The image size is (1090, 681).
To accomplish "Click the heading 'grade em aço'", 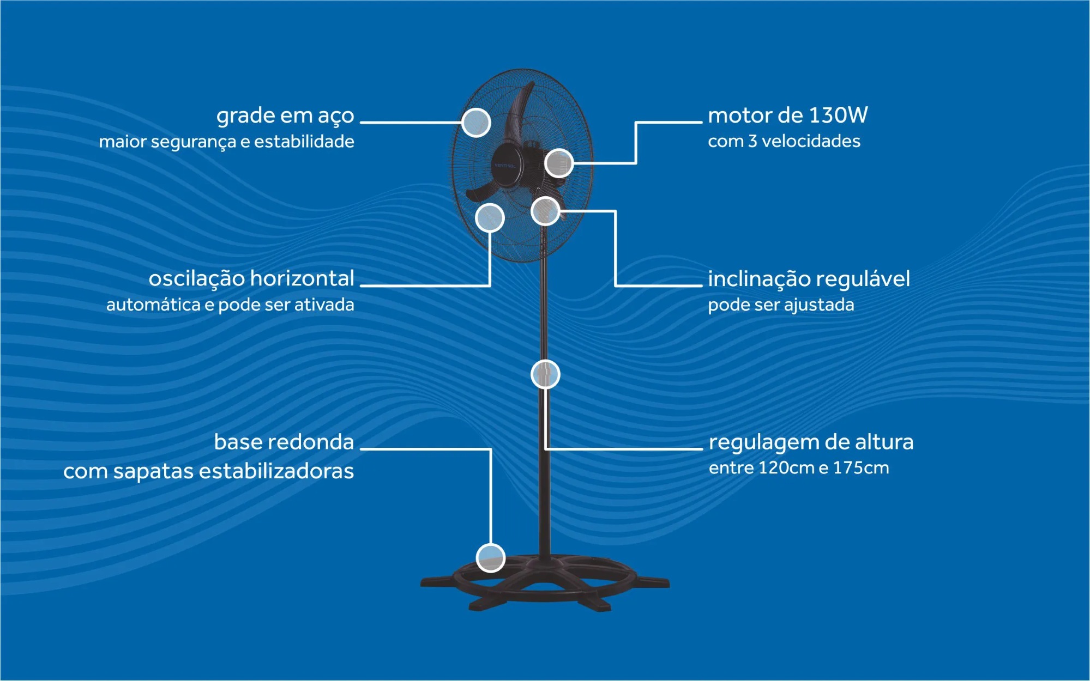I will pos(285,116).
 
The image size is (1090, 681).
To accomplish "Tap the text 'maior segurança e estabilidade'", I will pos(226,142).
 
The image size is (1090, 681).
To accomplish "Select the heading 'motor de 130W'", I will pos(787,115).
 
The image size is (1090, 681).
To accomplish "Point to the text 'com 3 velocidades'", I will pos(784,141).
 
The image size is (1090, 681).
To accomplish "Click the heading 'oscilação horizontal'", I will pos(251,278).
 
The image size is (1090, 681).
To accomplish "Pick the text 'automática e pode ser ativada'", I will pos(230,305).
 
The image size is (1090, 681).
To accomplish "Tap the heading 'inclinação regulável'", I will pos(809,279).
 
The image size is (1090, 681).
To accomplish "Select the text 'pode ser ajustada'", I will pos(781,305).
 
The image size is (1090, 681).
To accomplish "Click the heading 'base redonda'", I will pos(284,442).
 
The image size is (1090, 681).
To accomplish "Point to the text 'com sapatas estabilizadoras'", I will pos(209,471).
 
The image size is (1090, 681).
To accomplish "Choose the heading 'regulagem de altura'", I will pos(811,442).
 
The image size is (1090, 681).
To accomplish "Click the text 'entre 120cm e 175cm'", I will pos(799,468).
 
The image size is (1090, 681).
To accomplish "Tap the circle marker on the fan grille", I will pos(476,123).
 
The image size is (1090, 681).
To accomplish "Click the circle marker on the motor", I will pos(559,163).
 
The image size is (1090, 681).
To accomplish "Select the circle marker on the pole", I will pos(545,374).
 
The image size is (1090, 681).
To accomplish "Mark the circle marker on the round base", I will pos(491,558).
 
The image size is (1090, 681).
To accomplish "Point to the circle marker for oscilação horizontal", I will pos(490,218).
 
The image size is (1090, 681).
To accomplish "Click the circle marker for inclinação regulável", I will pos(545,211).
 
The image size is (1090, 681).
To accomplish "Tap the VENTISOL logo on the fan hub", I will pos(505,166).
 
